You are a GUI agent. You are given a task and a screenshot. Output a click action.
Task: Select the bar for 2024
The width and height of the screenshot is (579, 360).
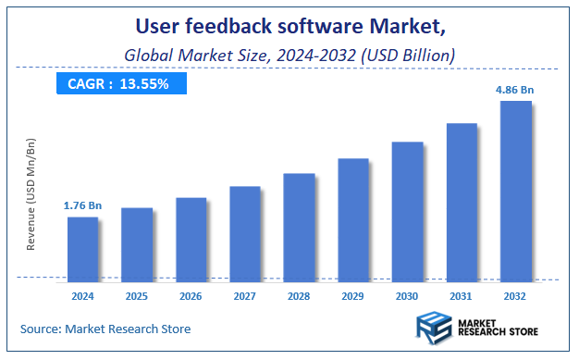click(x=83, y=247)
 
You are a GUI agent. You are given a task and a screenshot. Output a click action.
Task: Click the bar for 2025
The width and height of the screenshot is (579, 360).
click(x=137, y=242)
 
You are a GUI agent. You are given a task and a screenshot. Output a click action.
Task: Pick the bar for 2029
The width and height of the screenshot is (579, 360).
click(x=353, y=217)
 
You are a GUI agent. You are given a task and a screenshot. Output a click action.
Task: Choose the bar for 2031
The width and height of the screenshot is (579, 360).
click(x=462, y=200)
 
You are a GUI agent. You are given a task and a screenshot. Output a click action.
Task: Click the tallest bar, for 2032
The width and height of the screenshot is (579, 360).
click(x=515, y=189)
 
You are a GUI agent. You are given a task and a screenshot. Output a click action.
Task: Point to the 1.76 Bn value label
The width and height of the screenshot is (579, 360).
click(x=82, y=205)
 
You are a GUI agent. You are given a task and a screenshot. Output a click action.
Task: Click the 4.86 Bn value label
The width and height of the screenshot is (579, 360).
click(x=515, y=90)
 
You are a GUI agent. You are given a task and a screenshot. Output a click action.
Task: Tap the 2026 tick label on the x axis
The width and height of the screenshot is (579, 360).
click(x=191, y=296)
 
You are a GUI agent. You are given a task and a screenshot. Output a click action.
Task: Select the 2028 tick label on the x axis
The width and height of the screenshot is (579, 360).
click(x=299, y=296)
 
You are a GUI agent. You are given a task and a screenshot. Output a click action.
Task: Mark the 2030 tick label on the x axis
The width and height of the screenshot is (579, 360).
click(x=407, y=296)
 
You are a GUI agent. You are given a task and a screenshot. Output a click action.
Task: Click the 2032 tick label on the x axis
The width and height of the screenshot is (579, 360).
click(x=515, y=296)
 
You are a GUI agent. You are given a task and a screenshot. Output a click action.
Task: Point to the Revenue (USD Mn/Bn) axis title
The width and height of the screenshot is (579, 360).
click(x=31, y=194)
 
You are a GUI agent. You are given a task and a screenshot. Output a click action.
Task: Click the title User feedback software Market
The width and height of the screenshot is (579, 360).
click(x=290, y=25)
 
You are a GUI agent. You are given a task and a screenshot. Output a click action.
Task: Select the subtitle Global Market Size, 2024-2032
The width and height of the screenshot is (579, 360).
click(x=289, y=56)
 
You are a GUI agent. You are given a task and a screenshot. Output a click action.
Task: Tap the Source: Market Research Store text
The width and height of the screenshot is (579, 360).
click(x=106, y=329)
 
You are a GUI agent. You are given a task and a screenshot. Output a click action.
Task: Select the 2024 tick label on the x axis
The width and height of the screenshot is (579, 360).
click(x=82, y=296)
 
